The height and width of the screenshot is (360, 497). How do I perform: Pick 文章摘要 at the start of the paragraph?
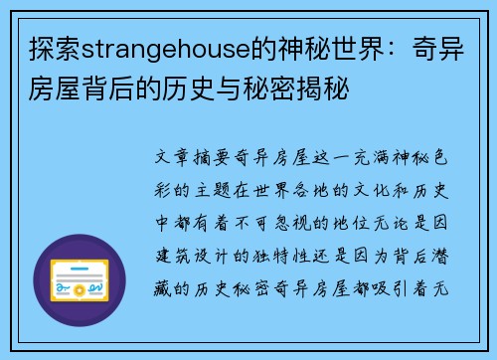pyautogui.click(x=199, y=159)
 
